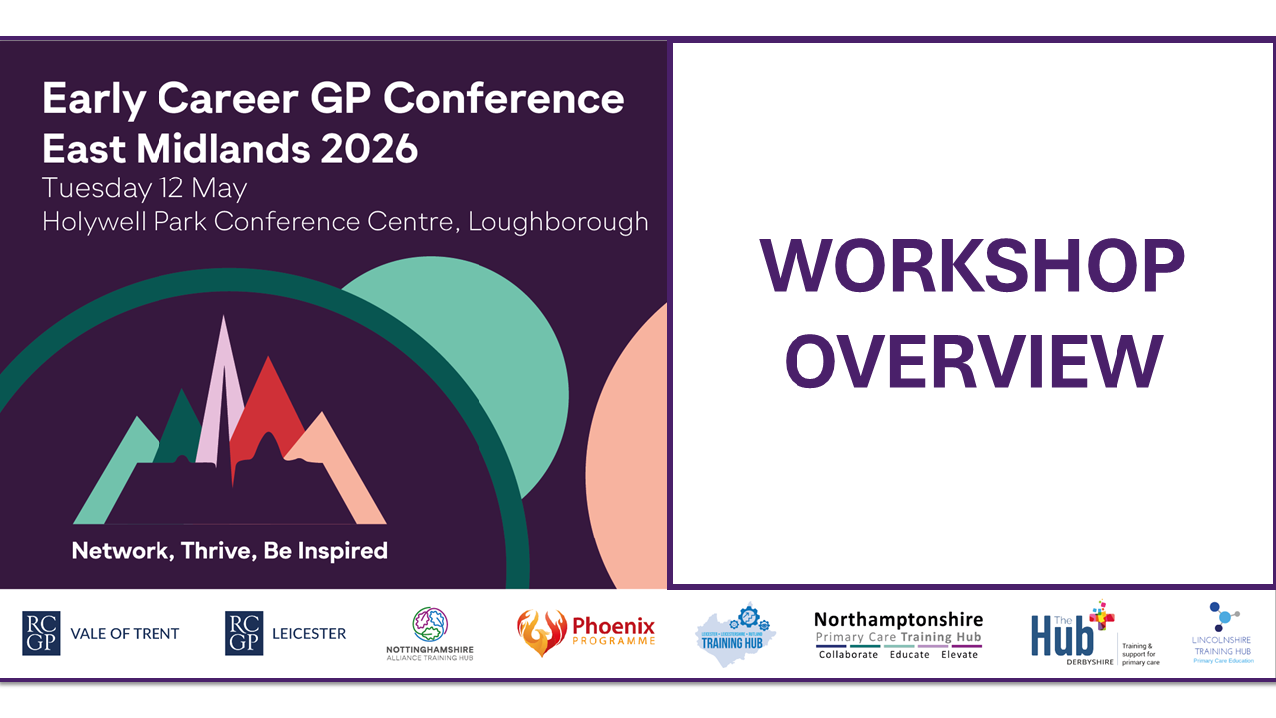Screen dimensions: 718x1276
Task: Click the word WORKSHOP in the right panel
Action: point(972,267)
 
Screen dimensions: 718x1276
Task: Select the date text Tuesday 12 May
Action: point(145,187)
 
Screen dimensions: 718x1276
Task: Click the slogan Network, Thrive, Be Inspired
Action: point(229,550)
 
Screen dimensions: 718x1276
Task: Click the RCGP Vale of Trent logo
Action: point(101,633)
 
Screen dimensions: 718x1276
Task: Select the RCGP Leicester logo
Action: point(286,633)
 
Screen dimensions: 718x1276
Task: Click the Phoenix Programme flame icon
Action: point(541,632)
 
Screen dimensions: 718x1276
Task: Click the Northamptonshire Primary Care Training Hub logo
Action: point(898,634)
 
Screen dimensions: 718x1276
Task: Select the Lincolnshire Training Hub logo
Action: point(1221,633)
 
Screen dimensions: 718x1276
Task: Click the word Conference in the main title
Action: point(504,99)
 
